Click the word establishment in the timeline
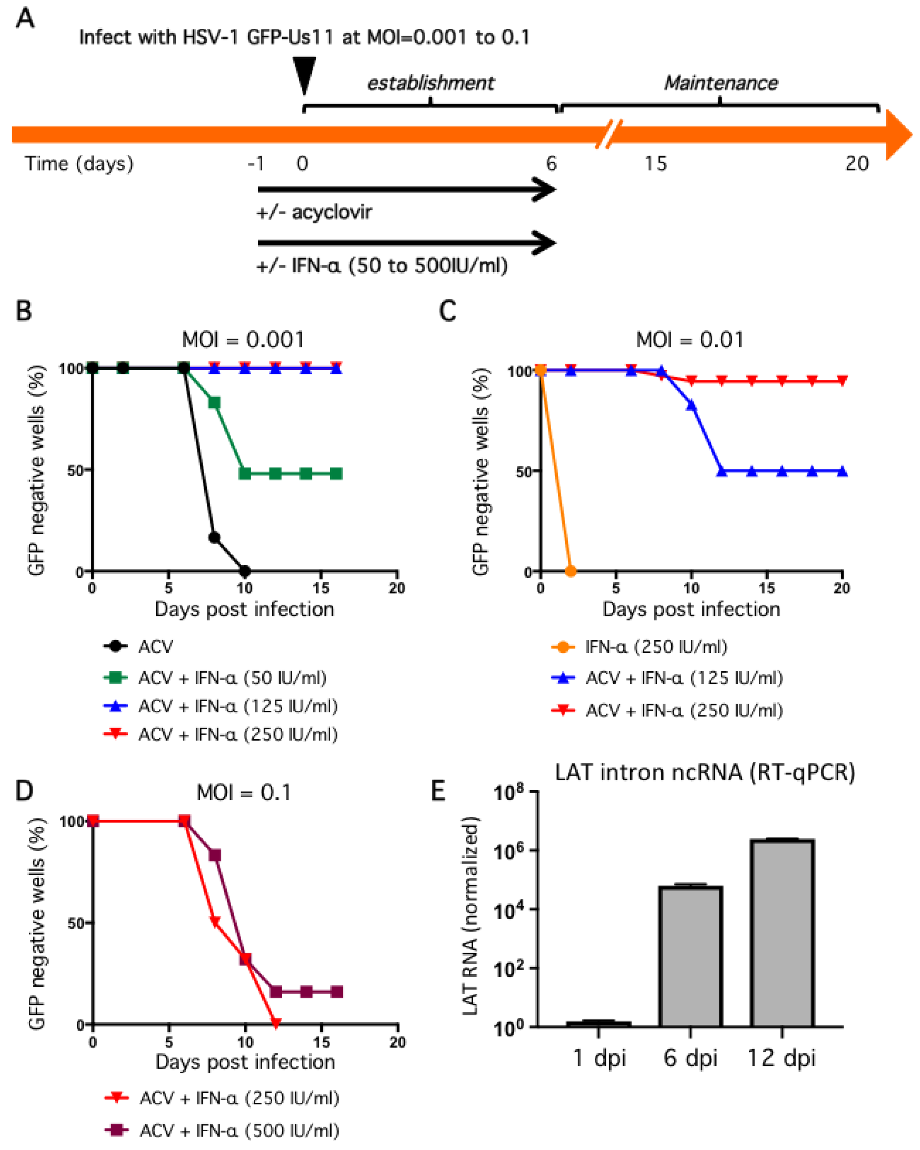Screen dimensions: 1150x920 431,83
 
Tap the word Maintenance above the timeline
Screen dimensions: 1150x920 721,83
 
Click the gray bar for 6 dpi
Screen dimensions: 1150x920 690,955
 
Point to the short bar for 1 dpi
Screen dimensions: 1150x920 598,1024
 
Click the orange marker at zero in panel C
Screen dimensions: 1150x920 570,571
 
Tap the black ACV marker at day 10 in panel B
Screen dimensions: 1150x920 244,571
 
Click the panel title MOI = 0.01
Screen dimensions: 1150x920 690,340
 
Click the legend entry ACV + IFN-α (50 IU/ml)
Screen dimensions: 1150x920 232,678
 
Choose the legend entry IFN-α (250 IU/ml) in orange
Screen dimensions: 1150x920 656,647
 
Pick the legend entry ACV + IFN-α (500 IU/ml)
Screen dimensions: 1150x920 239,1130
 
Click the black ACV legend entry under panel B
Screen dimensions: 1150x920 155,647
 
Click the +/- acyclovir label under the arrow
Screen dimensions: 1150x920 314,212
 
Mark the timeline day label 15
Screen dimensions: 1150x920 655,163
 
